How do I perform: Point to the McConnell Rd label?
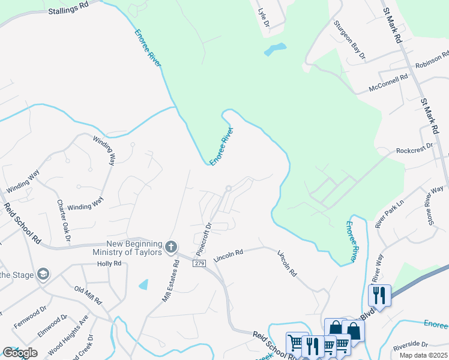[x=388, y=82]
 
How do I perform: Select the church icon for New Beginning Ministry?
[x=171, y=247]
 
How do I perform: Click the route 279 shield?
[x=200, y=263]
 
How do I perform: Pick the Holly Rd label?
[x=109, y=263]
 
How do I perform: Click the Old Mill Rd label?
[x=88, y=295]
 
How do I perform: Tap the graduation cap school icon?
[x=43, y=274]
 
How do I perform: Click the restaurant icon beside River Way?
[x=379, y=295]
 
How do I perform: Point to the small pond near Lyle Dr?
[x=275, y=49]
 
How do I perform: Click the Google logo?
[x=20, y=352]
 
